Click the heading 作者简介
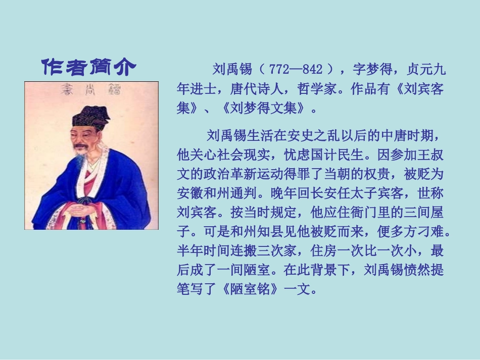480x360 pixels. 88,67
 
